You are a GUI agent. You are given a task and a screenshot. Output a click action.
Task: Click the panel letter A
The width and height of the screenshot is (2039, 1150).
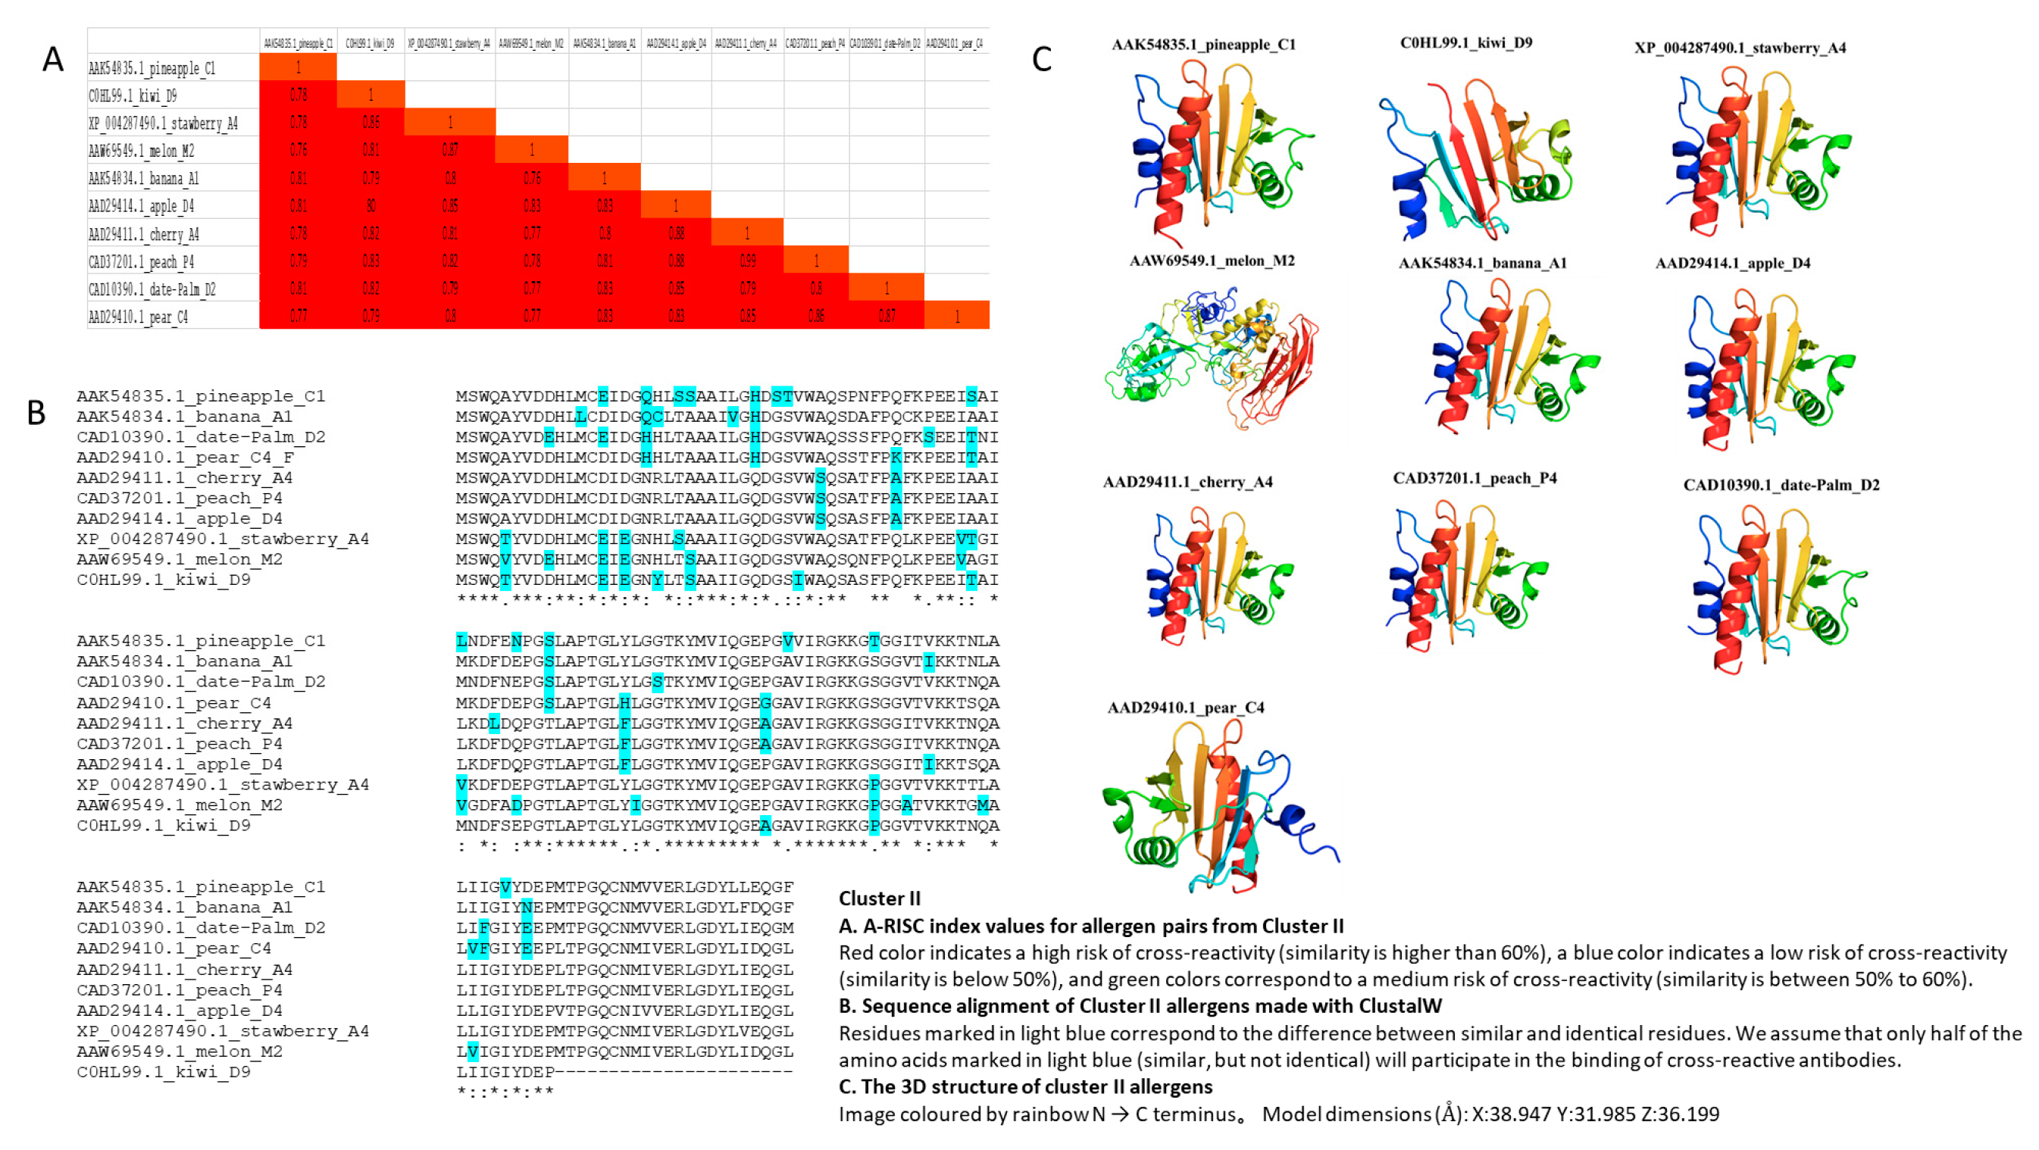tap(52, 59)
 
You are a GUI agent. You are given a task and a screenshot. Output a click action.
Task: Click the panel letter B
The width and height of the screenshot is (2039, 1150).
tap(36, 413)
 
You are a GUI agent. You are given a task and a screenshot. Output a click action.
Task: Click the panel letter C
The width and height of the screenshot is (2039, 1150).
tap(1042, 59)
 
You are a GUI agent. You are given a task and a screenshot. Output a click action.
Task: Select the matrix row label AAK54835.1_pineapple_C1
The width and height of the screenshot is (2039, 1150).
tap(152, 68)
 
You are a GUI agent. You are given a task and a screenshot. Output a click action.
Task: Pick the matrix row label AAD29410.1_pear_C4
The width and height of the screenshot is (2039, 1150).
tap(139, 317)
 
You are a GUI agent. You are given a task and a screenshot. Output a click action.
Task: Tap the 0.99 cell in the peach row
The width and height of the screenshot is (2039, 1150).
tap(747, 261)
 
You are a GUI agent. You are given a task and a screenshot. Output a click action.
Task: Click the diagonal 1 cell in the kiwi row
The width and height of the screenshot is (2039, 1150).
tap(371, 95)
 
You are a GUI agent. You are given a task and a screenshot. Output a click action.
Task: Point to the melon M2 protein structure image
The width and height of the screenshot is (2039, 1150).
tap(1211, 356)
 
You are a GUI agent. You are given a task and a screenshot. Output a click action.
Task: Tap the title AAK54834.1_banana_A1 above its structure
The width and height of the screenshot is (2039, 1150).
tap(1482, 263)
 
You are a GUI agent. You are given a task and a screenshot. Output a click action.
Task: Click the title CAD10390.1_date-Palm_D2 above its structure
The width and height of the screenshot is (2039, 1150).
tap(1781, 484)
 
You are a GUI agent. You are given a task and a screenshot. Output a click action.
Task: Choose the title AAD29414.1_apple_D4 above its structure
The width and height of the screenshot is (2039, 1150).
tap(1733, 263)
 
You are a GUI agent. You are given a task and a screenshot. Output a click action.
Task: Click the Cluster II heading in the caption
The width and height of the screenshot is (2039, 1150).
tap(880, 898)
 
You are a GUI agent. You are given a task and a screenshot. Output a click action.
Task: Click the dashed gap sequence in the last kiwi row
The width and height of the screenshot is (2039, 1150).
tap(673, 1072)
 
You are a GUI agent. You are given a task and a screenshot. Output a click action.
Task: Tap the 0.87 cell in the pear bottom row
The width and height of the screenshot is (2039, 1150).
tap(887, 316)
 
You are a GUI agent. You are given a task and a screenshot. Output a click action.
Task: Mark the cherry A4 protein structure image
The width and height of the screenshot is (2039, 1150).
tap(1219, 578)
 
